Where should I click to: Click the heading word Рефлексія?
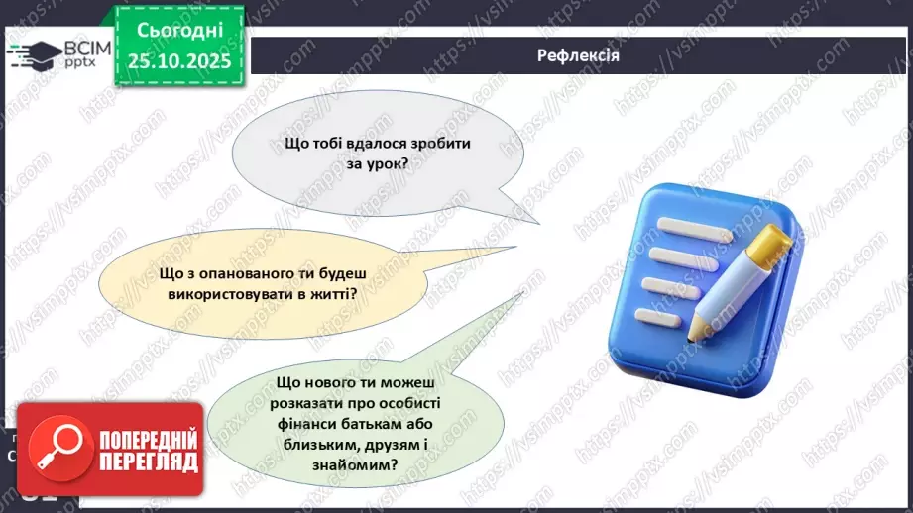click(579, 55)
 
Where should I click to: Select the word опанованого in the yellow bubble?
click(237, 274)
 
